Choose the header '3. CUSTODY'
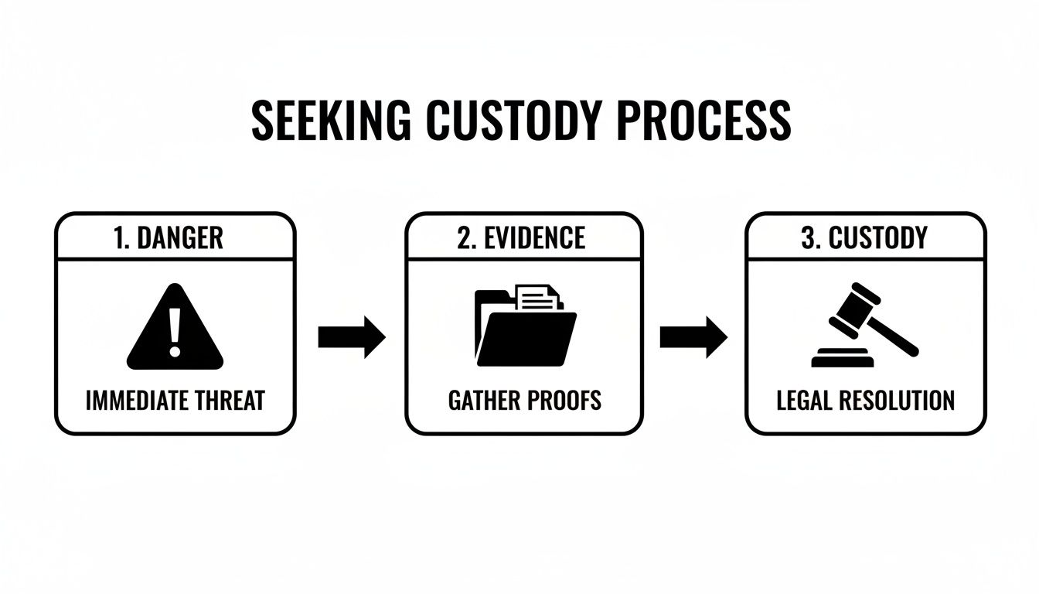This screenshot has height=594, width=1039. tap(864, 237)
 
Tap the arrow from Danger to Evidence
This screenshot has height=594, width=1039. tap(352, 336)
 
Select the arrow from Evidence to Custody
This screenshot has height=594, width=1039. tap(693, 336)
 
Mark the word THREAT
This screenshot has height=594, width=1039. tap(232, 400)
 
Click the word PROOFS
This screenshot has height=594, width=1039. tap(565, 400)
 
